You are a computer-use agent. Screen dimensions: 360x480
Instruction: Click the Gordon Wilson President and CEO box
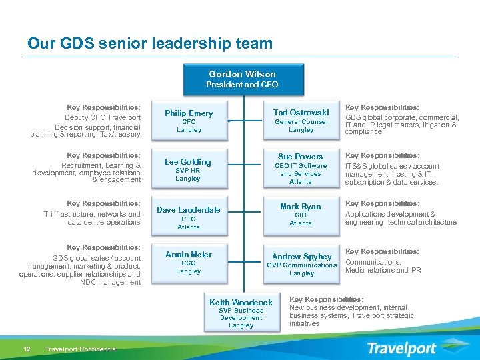click(x=242, y=79)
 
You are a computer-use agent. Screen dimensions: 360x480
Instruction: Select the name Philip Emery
click(x=189, y=113)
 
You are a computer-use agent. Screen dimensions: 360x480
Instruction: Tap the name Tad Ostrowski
click(x=301, y=112)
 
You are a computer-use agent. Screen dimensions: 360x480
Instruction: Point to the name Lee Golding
click(x=188, y=162)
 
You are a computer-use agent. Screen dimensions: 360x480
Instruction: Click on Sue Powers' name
click(x=301, y=156)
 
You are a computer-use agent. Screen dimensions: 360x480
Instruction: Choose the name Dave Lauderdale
click(x=189, y=210)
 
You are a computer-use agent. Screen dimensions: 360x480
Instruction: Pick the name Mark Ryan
click(x=301, y=207)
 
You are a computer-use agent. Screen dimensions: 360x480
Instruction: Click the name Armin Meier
click(x=189, y=254)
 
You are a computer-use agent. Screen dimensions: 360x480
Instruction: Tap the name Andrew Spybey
click(x=302, y=257)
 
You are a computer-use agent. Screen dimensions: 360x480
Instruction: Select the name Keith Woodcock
click(x=241, y=303)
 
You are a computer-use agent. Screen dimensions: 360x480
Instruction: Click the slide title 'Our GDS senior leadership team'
click(x=150, y=44)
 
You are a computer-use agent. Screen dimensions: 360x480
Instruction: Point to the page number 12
click(x=27, y=349)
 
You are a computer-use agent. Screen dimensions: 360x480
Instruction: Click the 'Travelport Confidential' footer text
click(x=81, y=349)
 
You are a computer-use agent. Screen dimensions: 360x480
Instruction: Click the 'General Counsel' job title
click(x=301, y=122)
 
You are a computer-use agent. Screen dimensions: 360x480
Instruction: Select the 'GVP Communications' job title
click(x=302, y=265)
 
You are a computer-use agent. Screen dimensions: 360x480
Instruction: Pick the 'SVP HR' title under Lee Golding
click(x=188, y=171)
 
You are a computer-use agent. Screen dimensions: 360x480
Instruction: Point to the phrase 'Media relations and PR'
click(x=383, y=271)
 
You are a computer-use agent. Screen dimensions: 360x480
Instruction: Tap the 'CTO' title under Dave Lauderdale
click(x=189, y=219)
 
